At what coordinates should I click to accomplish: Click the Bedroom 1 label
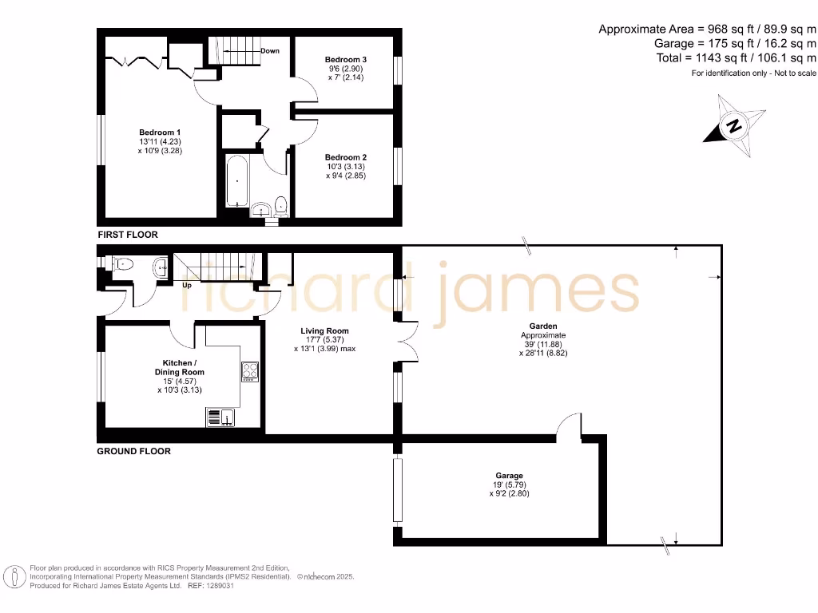click(x=160, y=132)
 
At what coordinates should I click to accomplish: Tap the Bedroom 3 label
click(x=346, y=60)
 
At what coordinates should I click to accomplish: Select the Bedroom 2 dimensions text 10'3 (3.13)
click(x=346, y=166)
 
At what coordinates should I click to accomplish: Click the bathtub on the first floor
click(x=236, y=180)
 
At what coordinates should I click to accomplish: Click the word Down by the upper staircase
click(x=270, y=51)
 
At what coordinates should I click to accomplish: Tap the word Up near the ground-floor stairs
click(x=188, y=285)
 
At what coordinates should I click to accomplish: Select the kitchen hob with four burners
click(x=249, y=371)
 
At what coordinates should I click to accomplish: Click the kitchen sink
click(x=220, y=416)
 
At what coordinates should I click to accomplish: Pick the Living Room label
click(x=324, y=330)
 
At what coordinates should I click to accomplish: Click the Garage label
click(x=509, y=476)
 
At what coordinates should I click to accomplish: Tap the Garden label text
click(x=543, y=326)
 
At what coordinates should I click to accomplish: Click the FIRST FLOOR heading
click(x=128, y=235)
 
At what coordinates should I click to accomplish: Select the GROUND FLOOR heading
click(x=133, y=451)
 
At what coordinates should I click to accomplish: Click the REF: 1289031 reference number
click(x=210, y=585)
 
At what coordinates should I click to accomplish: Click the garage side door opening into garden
click(x=569, y=427)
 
